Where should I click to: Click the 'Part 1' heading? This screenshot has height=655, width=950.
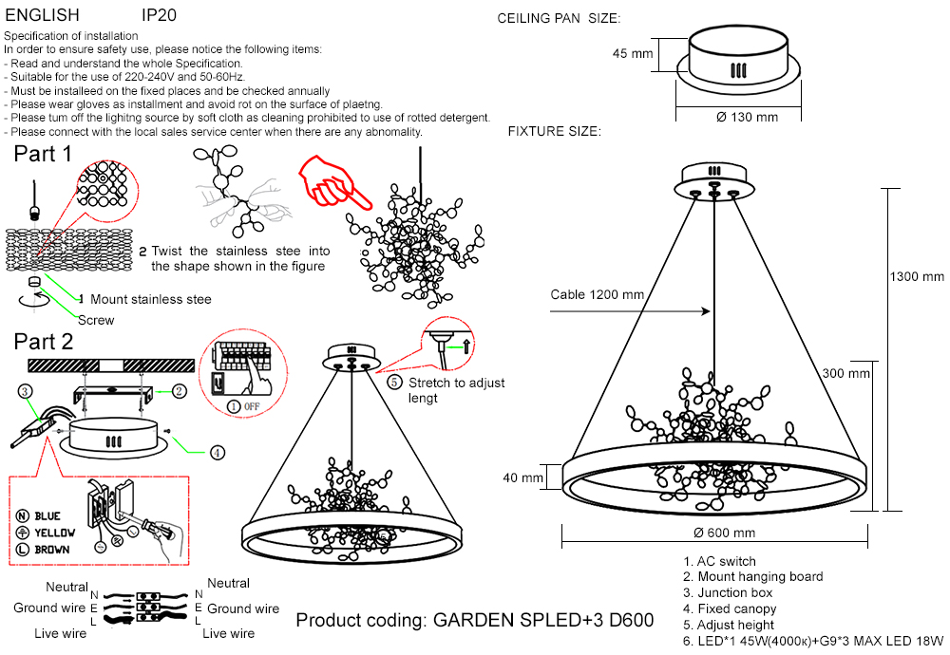click(43, 154)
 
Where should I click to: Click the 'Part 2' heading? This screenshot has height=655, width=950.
click(43, 342)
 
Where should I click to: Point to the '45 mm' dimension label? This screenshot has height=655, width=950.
click(633, 54)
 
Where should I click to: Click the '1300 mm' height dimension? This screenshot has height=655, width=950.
click(917, 277)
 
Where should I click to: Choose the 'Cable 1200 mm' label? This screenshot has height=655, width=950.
click(598, 295)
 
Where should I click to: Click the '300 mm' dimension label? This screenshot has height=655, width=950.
click(845, 374)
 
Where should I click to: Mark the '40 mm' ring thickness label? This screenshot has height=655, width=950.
click(524, 477)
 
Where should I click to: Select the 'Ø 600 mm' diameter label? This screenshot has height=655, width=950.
click(725, 533)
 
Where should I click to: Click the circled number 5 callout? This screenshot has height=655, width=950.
click(395, 383)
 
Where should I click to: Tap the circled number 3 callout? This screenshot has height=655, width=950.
click(27, 390)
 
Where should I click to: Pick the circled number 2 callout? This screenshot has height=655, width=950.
click(179, 390)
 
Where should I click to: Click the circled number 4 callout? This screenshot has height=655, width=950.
click(218, 453)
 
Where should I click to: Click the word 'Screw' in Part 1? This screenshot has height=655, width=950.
click(96, 320)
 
